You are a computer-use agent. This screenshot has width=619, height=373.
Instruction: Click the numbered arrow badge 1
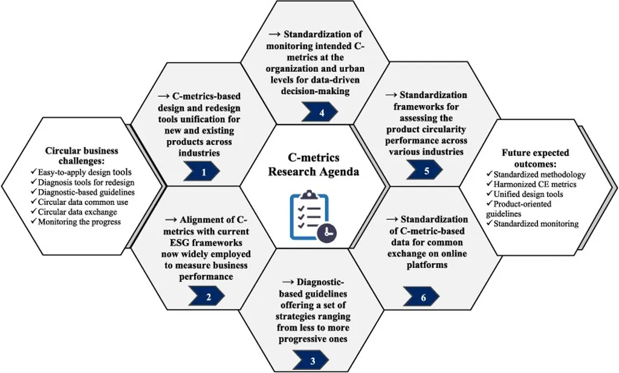[203, 172]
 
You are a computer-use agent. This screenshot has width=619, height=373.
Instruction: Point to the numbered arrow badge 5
[427, 171]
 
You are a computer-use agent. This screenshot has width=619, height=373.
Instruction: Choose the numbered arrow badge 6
[421, 297]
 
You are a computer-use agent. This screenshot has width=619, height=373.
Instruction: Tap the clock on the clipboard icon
[328, 232]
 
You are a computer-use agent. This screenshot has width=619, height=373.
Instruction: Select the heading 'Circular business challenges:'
[82, 155]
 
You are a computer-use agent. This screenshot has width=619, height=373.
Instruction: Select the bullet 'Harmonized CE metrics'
[532, 184]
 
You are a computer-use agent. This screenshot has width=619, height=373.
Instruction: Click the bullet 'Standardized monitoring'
[533, 224]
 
